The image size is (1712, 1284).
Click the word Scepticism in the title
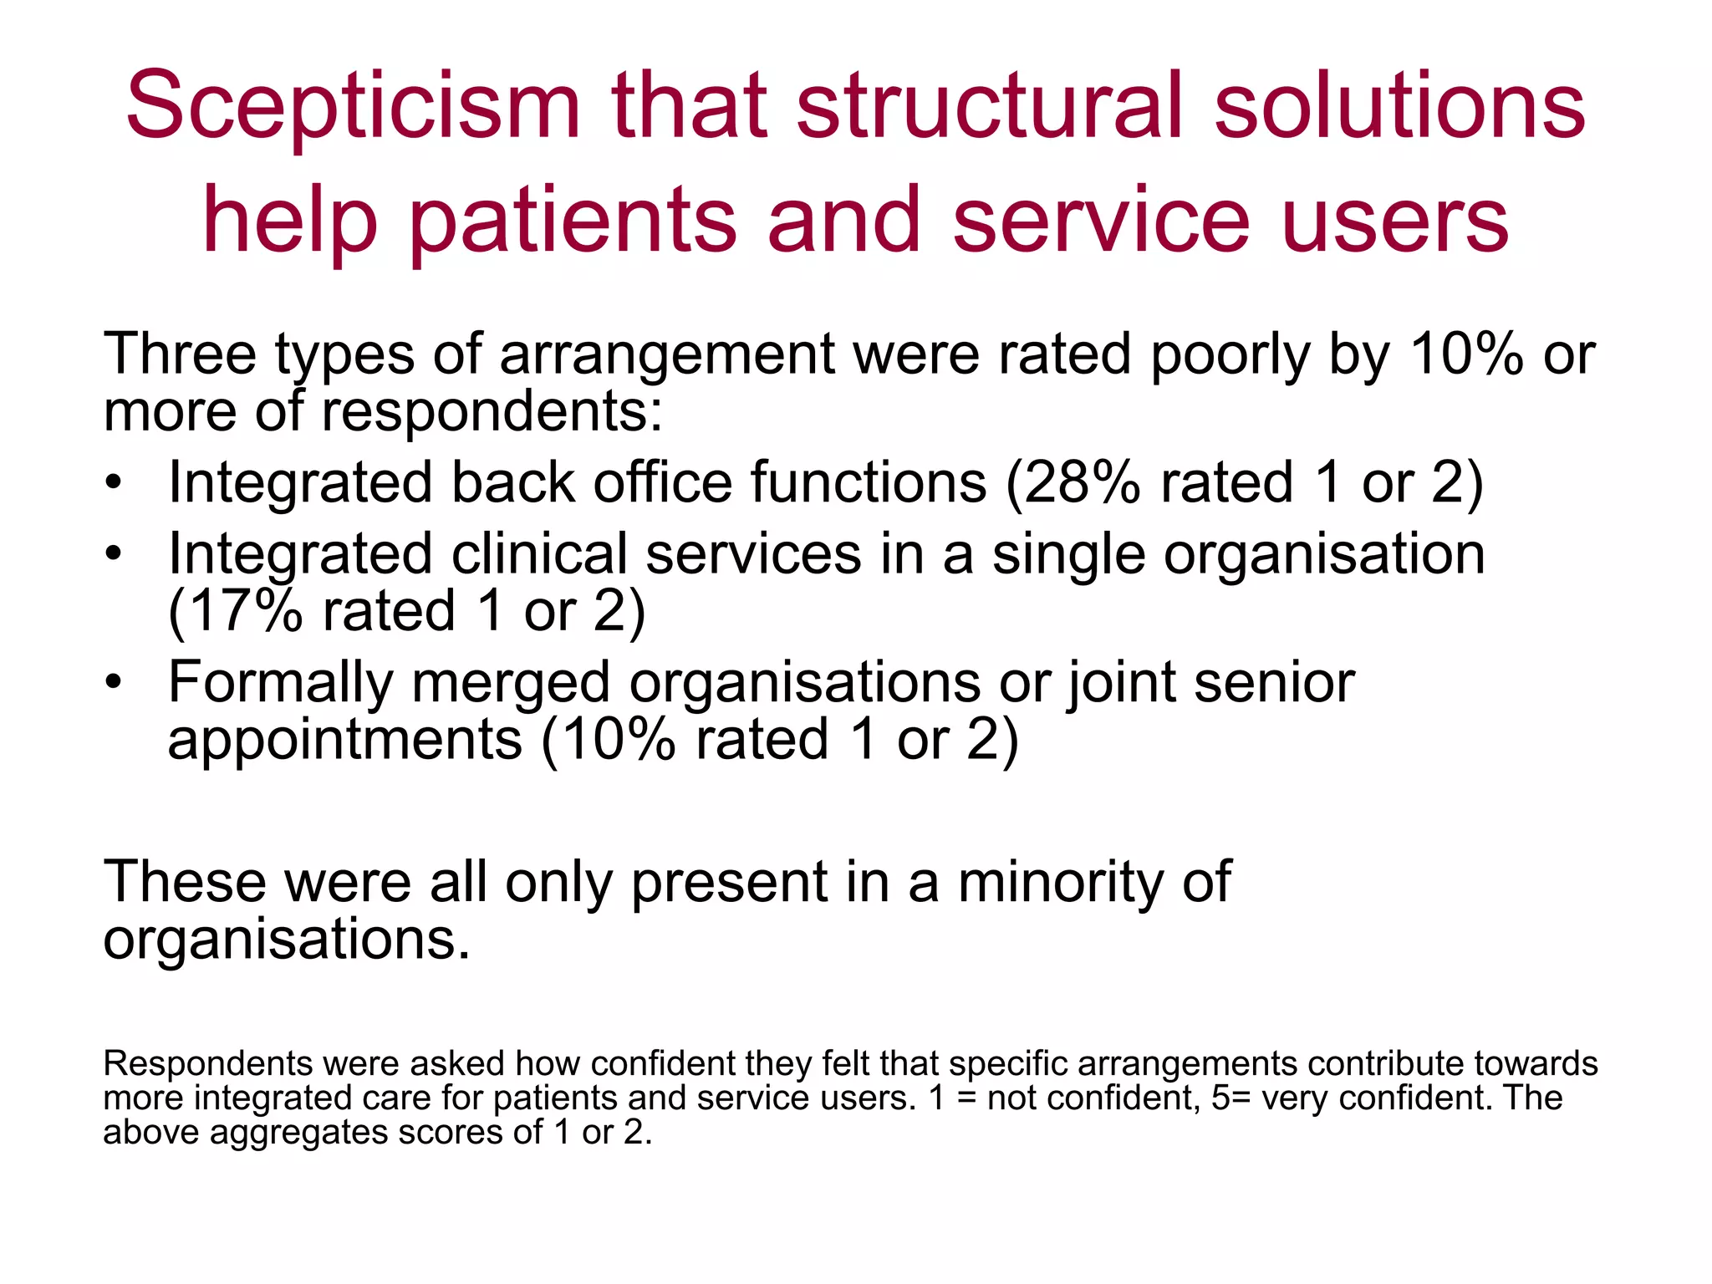pos(353,106)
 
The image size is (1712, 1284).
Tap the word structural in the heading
pos(990,106)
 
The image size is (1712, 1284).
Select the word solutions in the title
pos(1399,106)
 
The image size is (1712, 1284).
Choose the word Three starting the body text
pos(179,354)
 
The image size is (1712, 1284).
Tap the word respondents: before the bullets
pos(492,412)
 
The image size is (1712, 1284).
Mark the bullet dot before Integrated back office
pos(114,485)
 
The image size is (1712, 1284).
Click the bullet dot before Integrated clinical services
pos(114,555)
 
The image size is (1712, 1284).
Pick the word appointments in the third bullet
pos(344,741)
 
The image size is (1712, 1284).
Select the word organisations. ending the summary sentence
pos(286,940)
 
